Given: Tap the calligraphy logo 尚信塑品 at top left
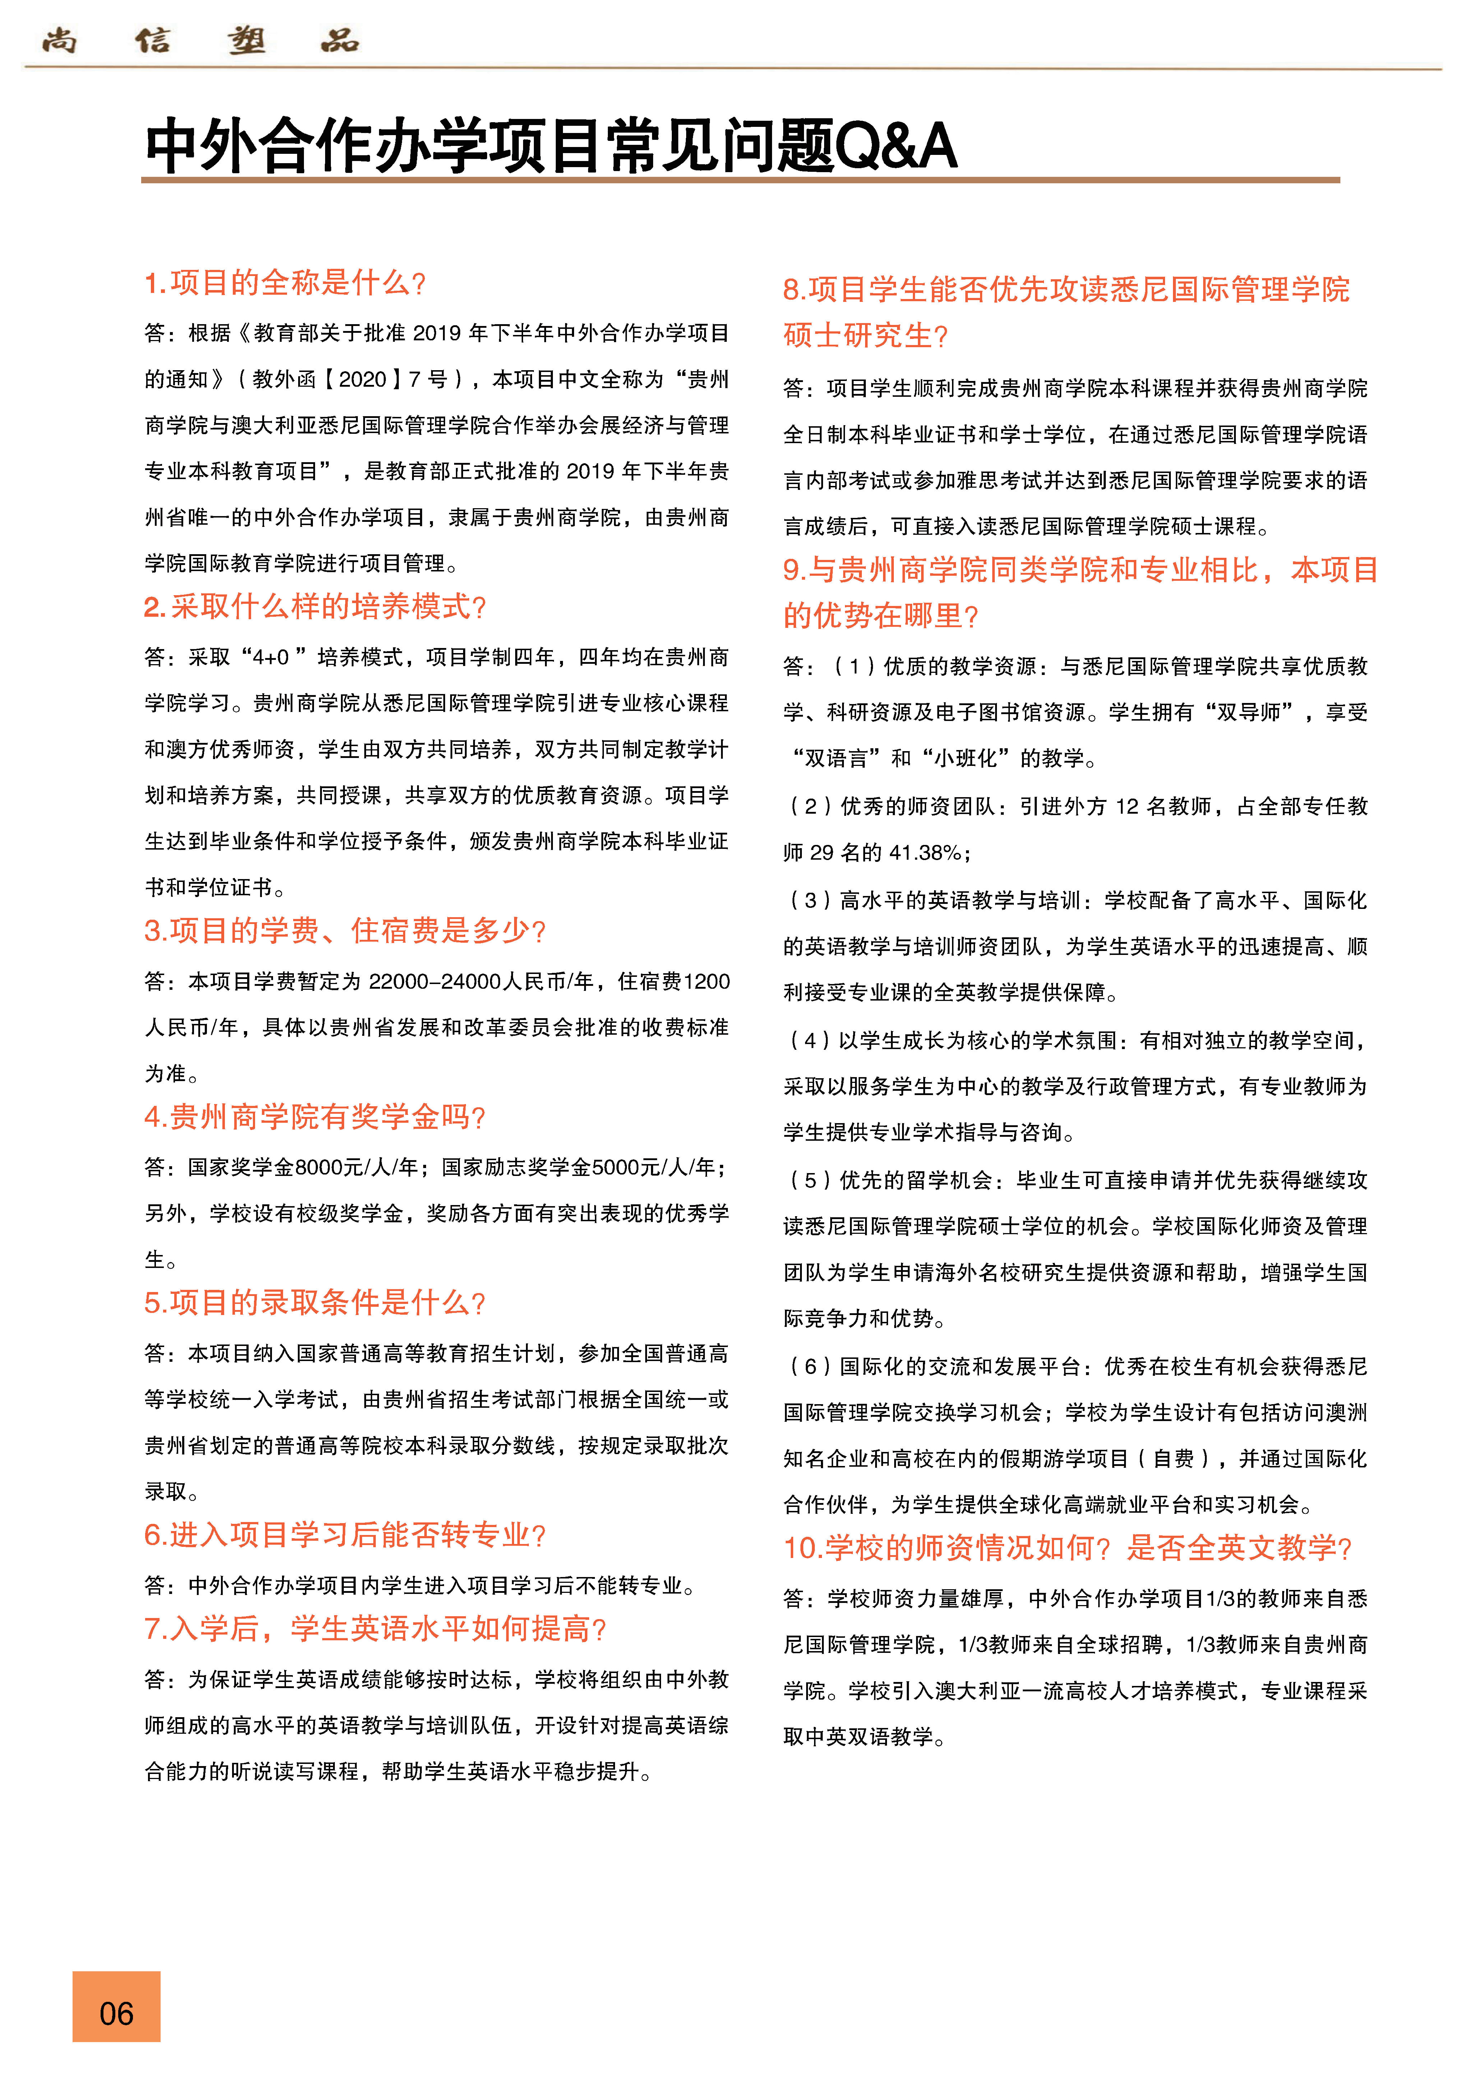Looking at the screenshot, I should (201, 40).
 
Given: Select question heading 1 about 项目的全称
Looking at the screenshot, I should (285, 283).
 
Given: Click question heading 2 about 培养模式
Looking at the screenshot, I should (315, 606).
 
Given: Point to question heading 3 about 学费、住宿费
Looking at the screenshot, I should (344, 930).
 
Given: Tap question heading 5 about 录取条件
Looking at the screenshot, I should (315, 1302).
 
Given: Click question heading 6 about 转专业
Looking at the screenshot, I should (344, 1535).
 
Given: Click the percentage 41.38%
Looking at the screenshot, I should (925, 853).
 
